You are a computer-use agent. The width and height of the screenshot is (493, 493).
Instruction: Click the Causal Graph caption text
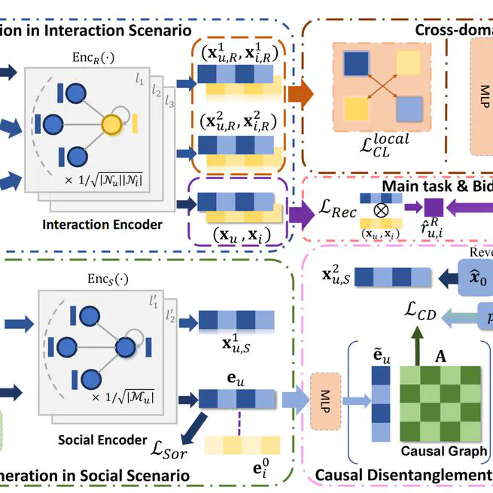[443, 452]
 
